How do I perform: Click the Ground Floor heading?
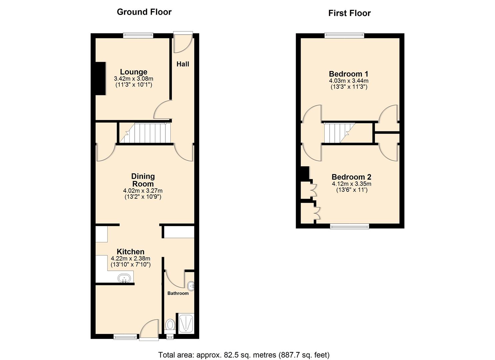(x=144, y=12)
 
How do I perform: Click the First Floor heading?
(x=349, y=13)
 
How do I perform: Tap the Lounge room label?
(x=133, y=72)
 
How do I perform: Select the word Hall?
(x=183, y=64)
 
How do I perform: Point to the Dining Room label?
(x=143, y=180)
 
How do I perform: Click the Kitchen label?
(x=131, y=251)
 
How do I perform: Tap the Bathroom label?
(x=178, y=293)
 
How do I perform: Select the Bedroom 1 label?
(x=348, y=74)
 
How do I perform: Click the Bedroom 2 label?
(x=351, y=177)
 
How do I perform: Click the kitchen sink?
(x=124, y=278)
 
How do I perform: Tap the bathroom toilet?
(x=170, y=326)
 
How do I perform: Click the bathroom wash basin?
(x=191, y=286)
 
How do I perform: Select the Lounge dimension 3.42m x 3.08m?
(x=133, y=79)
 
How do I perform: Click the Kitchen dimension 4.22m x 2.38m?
(x=130, y=258)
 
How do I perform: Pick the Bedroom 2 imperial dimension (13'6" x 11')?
(x=352, y=190)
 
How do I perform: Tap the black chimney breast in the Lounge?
(x=101, y=78)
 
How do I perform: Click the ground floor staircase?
(x=145, y=133)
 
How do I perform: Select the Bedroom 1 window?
(x=344, y=35)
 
